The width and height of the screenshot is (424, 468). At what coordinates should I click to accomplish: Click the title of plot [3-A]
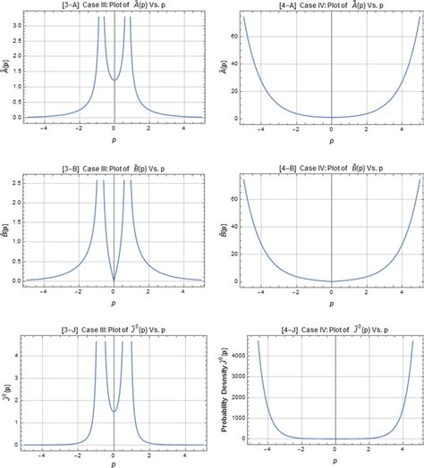coord(115,5)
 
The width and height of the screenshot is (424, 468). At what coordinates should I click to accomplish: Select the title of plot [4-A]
coord(332,5)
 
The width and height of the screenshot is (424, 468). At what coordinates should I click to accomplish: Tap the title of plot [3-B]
coord(115,170)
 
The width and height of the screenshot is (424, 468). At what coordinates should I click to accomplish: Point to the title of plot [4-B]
coord(332,170)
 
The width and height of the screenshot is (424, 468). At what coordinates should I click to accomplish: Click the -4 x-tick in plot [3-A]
coord(41,126)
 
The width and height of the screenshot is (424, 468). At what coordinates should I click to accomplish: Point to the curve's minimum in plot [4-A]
coord(332,116)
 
